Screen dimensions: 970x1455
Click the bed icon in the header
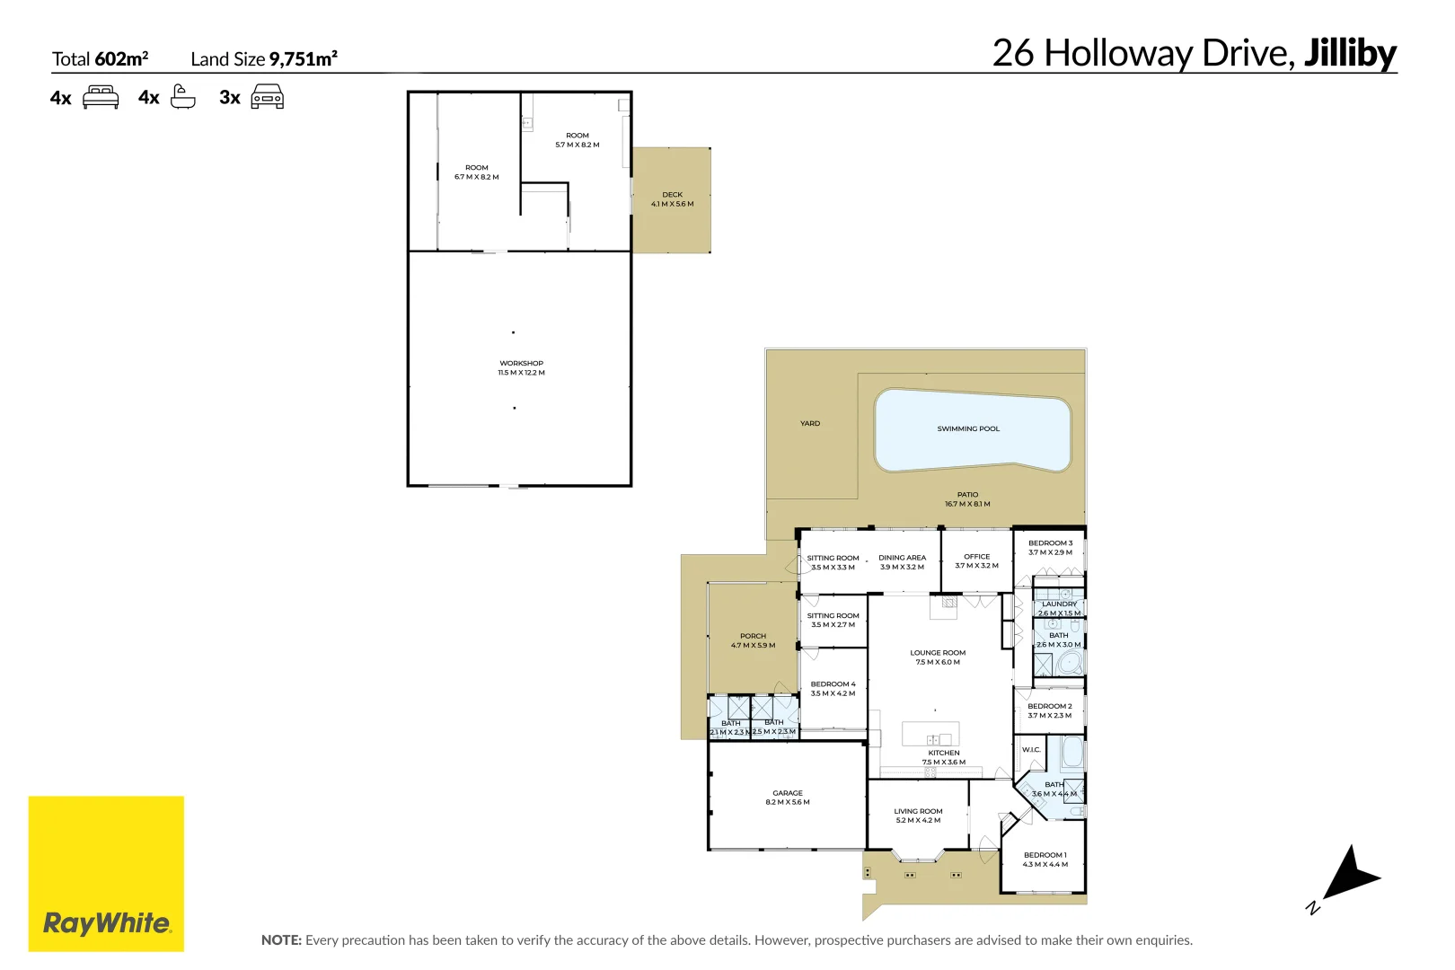tap(101, 97)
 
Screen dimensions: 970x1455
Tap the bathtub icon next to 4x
tap(182, 97)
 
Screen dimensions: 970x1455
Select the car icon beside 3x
tap(267, 97)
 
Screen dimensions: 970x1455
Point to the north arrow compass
tap(1347, 876)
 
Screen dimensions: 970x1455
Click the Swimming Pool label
tap(968, 429)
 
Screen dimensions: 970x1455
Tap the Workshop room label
tap(521, 364)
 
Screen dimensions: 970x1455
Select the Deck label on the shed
tap(672, 195)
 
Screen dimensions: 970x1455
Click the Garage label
tap(788, 793)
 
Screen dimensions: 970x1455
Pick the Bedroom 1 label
tap(1045, 855)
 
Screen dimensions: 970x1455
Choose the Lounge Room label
tap(938, 653)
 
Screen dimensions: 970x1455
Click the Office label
tap(977, 557)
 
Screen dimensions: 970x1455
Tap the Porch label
tap(753, 636)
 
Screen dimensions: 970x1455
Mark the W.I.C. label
tap(1031, 750)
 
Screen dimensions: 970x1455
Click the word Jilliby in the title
tap(1350, 53)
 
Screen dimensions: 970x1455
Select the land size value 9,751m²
tap(304, 59)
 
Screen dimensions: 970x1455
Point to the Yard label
tap(810, 424)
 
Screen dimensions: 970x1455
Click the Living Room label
tap(918, 811)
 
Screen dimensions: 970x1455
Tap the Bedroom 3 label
tap(1050, 543)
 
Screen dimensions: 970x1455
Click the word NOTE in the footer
tap(281, 940)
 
